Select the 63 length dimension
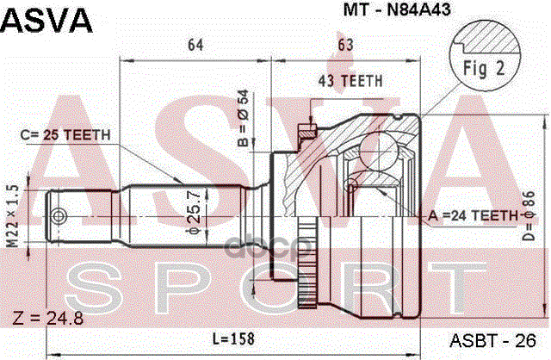coord(345,46)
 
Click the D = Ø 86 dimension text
coord(531,216)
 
